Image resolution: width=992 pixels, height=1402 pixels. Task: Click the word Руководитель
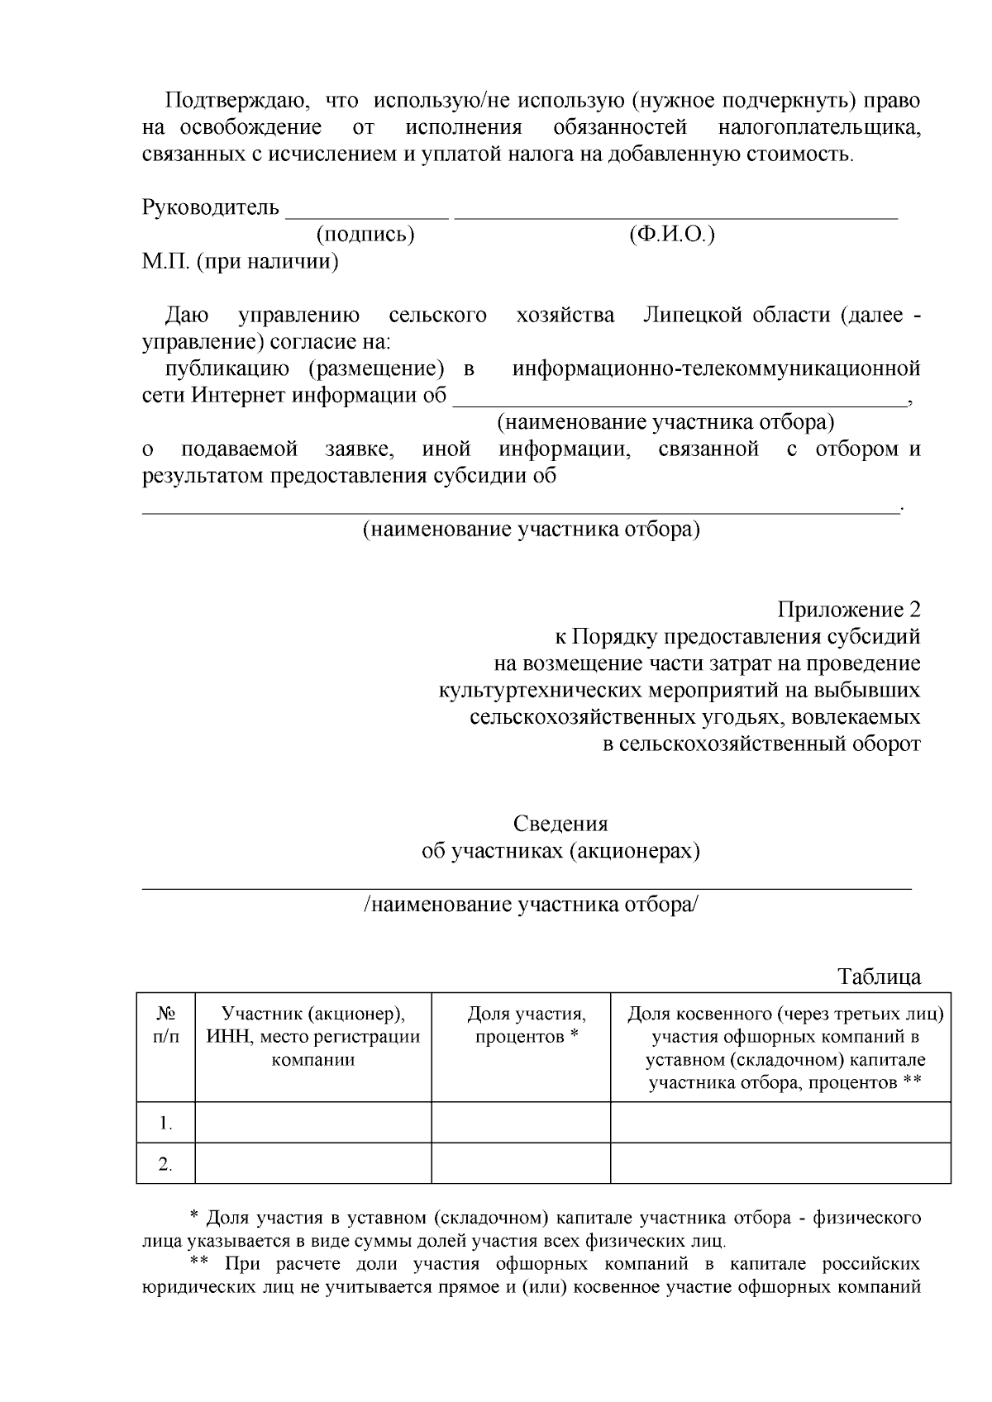[211, 207]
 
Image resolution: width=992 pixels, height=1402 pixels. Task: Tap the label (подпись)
[365, 235]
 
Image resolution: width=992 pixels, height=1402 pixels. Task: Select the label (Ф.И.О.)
[671, 235]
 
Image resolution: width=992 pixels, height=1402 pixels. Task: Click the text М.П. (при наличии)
[241, 263]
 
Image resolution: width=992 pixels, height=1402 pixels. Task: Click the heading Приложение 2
[848, 610]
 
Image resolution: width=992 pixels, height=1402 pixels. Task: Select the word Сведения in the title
[560, 825]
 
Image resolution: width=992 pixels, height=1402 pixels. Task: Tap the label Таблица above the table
[879, 977]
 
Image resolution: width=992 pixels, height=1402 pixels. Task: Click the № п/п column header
[165, 1024]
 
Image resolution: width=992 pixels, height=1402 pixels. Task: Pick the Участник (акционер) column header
[313, 1036]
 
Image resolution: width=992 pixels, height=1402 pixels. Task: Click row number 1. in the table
[165, 1124]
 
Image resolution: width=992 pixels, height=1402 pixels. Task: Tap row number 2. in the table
[165, 1165]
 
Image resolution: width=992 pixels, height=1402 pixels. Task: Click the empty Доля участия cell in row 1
[521, 1123]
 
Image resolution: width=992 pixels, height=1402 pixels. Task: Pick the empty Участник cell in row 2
[313, 1164]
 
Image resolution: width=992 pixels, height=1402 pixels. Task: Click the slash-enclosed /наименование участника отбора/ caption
[531, 905]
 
